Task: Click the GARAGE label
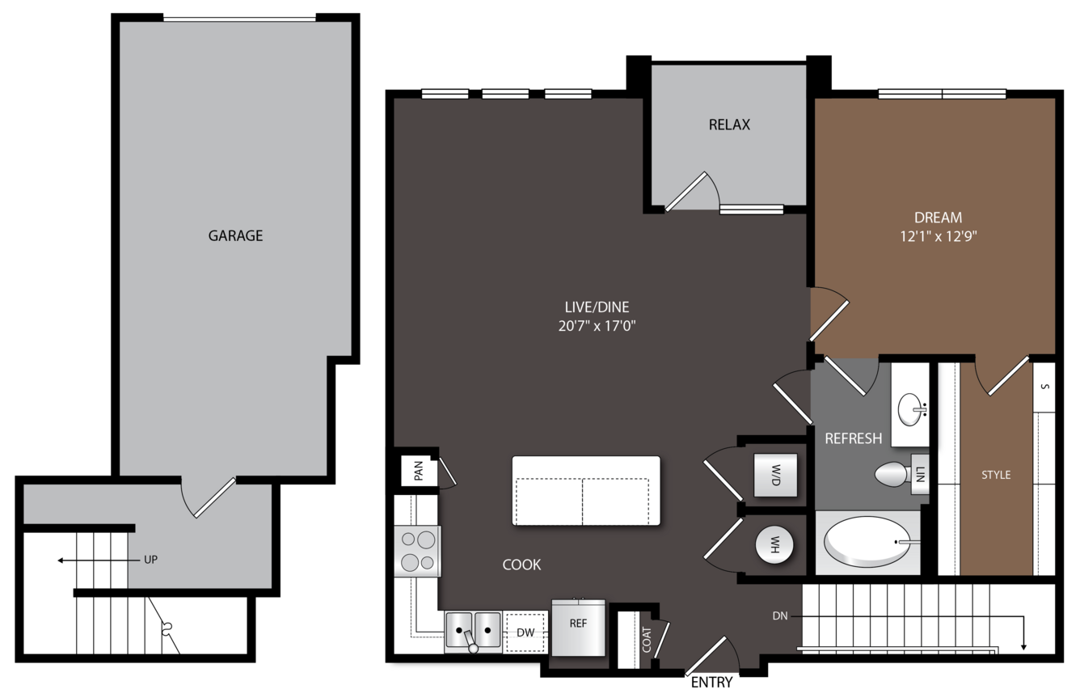(x=235, y=235)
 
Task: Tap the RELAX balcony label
(x=729, y=125)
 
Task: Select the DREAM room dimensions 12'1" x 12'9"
(x=939, y=236)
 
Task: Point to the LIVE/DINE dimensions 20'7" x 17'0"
(x=597, y=326)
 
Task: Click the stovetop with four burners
(x=418, y=552)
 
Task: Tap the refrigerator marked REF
(x=578, y=628)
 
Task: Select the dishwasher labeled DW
(x=525, y=632)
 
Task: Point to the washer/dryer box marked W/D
(x=775, y=475)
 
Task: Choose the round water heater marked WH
(x=774, y=544)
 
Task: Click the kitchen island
(x=586, y=491)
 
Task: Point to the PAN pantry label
(x=419, y=471)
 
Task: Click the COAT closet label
(x=647, y=640)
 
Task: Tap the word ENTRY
(x=711, y=682)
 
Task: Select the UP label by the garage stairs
(x=151, y=560)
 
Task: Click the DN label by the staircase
(x=779, y=616)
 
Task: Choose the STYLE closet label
(x=996, y=475)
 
